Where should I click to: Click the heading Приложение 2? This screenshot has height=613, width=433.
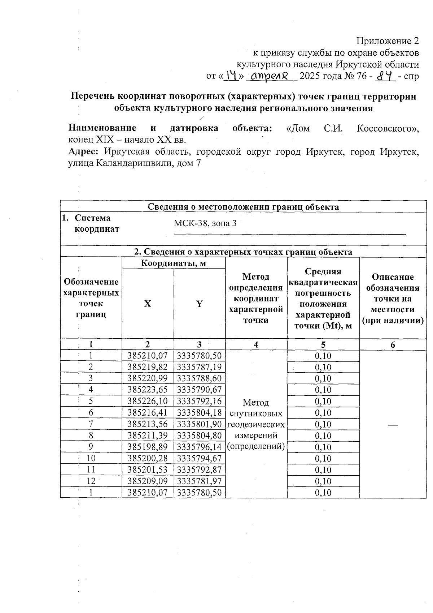tap(388, 41)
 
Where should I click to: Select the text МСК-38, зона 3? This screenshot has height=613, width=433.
tap(205, 223)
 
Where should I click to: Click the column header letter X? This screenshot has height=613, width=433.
tap(148, 304)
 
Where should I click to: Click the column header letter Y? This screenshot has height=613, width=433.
tap(199, 304)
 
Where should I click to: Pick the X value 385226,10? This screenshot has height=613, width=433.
tap(148, 401)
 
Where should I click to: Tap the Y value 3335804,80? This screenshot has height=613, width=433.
tap(200, 436)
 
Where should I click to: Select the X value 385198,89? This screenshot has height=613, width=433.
tap(148, 447)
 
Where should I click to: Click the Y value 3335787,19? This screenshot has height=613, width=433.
tap(200, 367)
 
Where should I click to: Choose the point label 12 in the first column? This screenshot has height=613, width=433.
tap(91, 481)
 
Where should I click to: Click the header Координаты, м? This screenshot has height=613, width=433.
tap(173, 263)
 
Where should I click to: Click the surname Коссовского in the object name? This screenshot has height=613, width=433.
tap(386, 128)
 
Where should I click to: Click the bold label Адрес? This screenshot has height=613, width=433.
tap(83, 151)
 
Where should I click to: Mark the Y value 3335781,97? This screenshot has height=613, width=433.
tap(200, 481)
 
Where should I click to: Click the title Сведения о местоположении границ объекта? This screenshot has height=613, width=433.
tap(243, 207)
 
